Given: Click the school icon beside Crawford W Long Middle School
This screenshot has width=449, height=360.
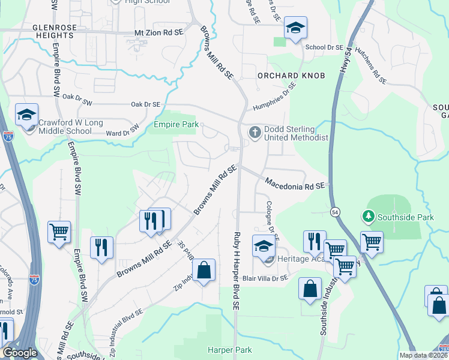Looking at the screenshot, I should [x=26, y=115].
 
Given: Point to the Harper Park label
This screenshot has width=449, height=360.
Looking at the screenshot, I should [x=230, y=350].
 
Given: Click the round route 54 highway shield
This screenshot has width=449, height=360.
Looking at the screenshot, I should [x=335, y=211].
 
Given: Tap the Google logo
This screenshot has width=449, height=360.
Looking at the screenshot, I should [x=20, y=353].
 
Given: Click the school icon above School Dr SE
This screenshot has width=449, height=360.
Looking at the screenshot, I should [x=295, y=28].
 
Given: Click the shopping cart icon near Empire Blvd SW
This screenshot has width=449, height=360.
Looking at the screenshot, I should [x=59, y=232].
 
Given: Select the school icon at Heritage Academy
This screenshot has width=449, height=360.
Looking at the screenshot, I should [x=263, y=246].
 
